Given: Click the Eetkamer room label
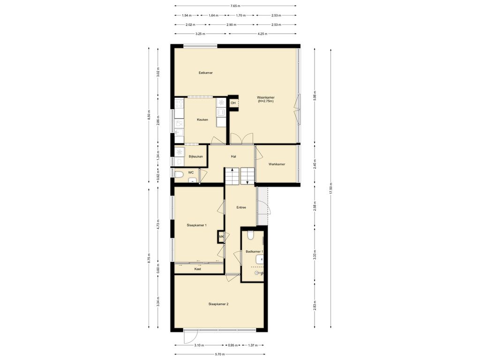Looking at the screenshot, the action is [x=205, y=73].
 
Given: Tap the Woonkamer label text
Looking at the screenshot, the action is [x=265, y=97].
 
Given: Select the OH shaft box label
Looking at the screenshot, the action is [x=233, y=103].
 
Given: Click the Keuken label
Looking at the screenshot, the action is [x=202, y=120].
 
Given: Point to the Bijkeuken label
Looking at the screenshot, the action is [x=195, y=157].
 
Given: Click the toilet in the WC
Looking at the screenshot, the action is [x=179, y=175].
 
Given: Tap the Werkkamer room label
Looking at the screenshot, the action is [x=277, y=165].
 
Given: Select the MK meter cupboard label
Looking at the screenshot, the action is [x=221, y=237].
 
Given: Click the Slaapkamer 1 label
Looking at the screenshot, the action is [x=196, y=225].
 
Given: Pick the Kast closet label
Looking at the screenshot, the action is [x=198, y=269].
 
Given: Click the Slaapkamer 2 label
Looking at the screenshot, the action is [x=218, y=304].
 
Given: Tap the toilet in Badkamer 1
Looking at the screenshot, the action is [x=250, y=235].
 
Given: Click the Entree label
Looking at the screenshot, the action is [x=241, y=208].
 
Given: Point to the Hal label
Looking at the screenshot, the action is [x=233, y=157].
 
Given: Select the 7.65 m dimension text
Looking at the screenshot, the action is [x=235, y=6].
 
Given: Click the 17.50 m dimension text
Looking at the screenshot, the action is [x=330, y=188].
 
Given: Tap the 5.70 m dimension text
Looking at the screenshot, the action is [x=219, y=354].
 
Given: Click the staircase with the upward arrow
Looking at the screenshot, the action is [x=232, y=176].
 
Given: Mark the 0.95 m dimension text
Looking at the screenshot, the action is [x=232, y=345].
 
